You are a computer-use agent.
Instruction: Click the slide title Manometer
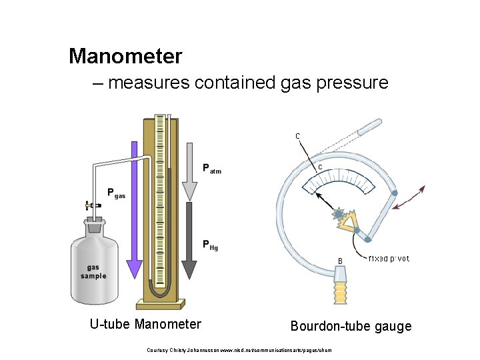[x=125, y=57]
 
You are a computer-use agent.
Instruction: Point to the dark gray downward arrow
[x=189, y=240]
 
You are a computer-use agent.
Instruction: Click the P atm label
[x=211, y=169]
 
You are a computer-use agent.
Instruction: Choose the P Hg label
[x=211, y=245]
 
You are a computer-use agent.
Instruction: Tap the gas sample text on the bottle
[x=93, y=271]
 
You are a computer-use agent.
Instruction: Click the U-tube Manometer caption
[x=145, y=325]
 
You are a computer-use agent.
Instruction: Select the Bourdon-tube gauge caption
[x=351, y=326]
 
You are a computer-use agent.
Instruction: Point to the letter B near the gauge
[x=339, y=259]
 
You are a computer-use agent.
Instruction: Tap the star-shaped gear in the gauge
[x=338, y=215]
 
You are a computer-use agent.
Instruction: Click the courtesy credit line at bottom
[x=239, y=349]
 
